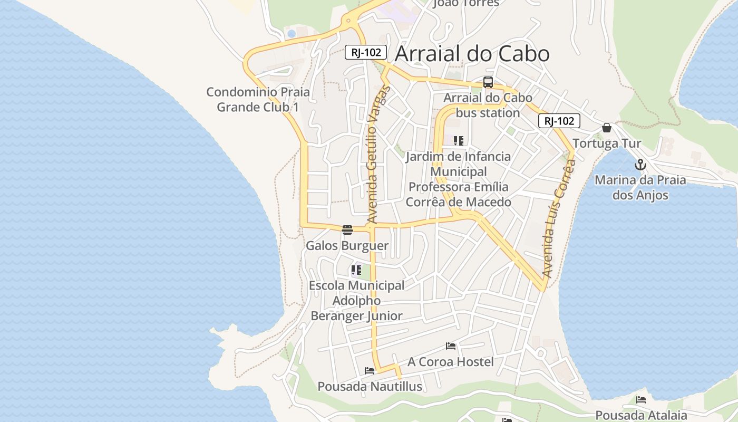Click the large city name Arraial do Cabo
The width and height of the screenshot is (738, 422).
coord(472,54)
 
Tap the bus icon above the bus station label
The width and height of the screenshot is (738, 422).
coord(488,82)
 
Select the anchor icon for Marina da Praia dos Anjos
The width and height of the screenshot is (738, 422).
coord(640,165)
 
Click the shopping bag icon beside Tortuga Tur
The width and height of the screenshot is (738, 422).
coord(607,128)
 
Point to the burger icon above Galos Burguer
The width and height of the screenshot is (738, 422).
coord(347,229)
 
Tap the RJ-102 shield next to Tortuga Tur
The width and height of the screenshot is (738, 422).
coord(559,121)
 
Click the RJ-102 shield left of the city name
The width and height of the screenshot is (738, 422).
coord(366,52)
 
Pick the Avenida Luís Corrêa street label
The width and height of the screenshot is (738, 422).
coord(559,219)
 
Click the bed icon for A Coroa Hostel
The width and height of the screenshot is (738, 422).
coord(451,346)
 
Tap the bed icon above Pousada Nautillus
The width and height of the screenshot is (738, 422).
coord(370,371)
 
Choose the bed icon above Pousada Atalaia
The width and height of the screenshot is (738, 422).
coord(641,399)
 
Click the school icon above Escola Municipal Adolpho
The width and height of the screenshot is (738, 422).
coord(356,271)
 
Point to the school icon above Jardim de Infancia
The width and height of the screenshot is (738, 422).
coord(459,141)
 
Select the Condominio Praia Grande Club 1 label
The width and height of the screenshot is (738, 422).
coord(258,100)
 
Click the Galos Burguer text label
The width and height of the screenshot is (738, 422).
coord(347,246)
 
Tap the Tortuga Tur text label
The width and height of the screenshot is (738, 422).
coord(607,143)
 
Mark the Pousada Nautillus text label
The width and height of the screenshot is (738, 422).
coord(370,387)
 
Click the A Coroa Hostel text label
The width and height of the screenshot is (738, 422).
coord(451,362)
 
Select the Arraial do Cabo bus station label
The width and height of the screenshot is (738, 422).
coord(488,105)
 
